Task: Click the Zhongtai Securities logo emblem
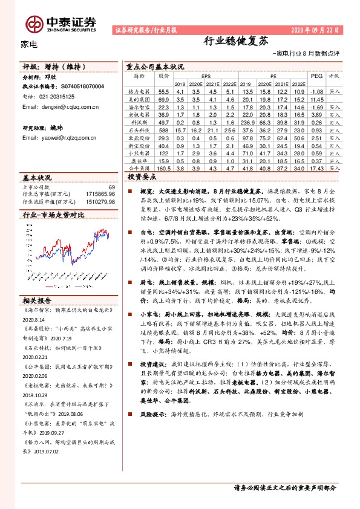pos(34,22)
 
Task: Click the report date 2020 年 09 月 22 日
pos(315,29)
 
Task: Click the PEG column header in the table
pos(316,77)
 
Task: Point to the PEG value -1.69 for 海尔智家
pos(316,106)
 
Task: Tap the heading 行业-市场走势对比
pos(53,215)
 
